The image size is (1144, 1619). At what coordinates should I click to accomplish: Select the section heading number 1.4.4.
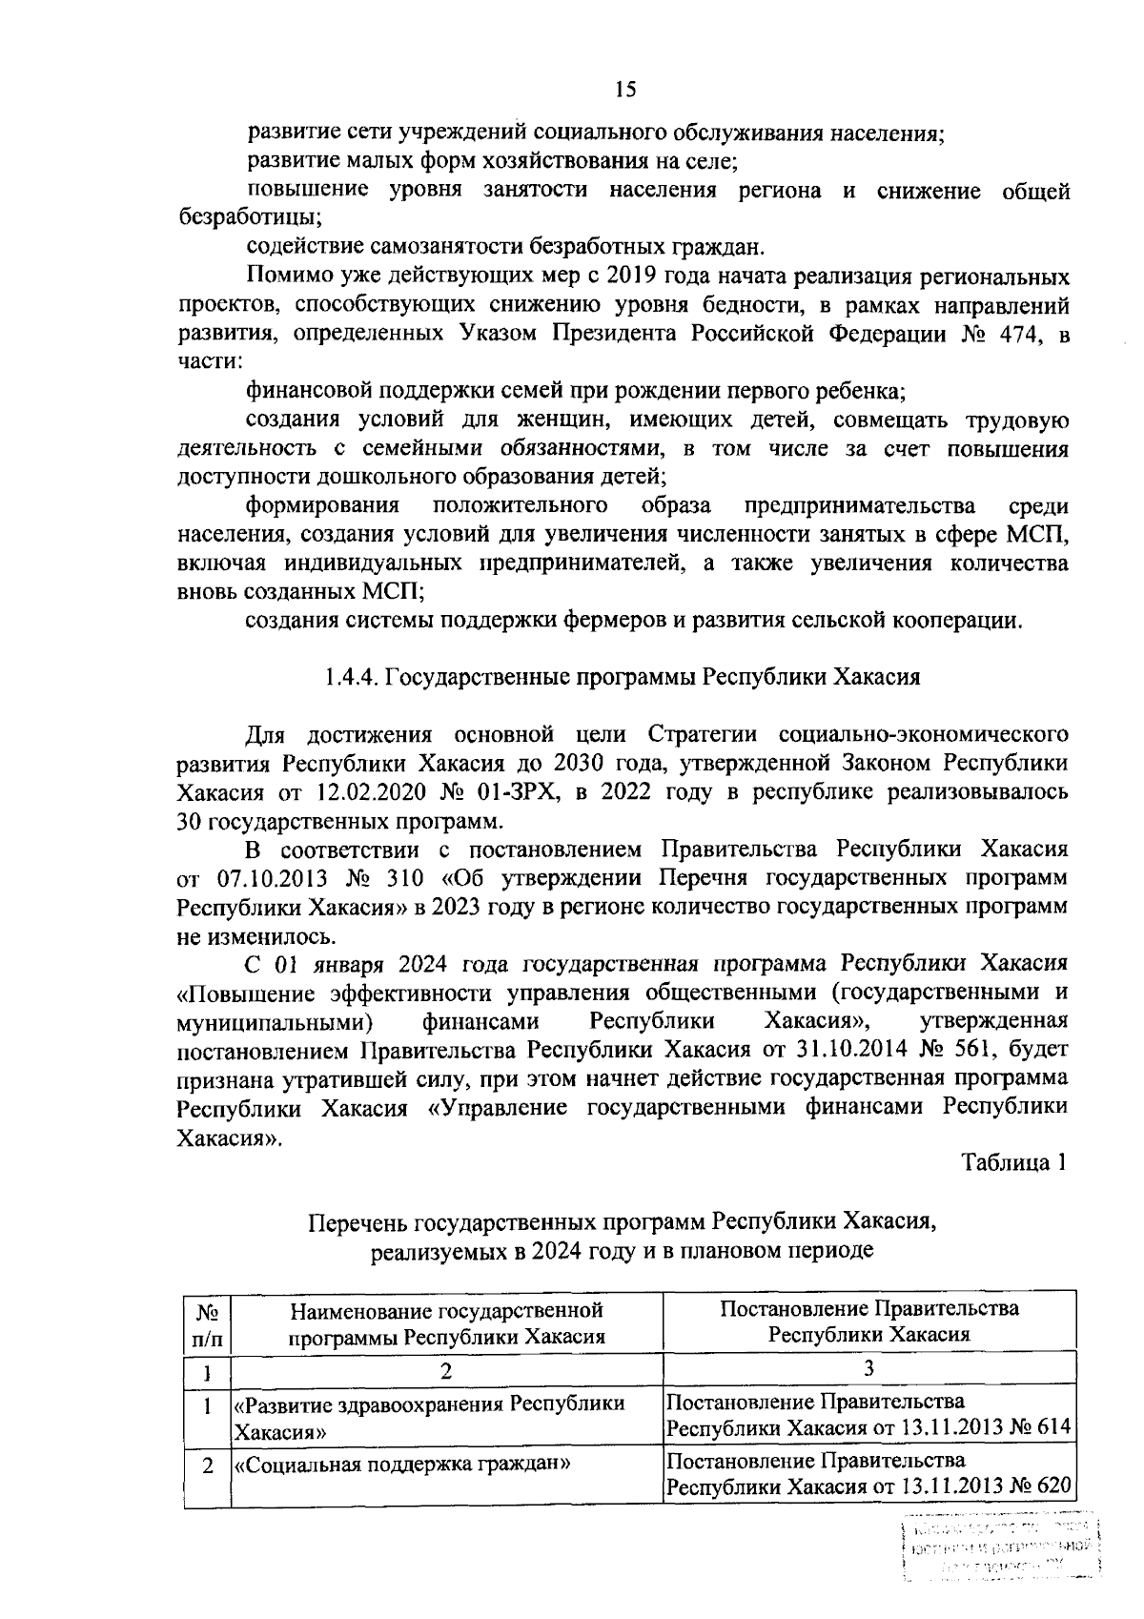pos(350,677)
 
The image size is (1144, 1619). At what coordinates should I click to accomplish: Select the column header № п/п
pos(207,1323)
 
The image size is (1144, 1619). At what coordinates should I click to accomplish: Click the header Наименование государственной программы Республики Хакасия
pos(447,1323)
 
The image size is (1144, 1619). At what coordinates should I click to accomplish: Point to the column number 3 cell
pos(868,1370)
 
